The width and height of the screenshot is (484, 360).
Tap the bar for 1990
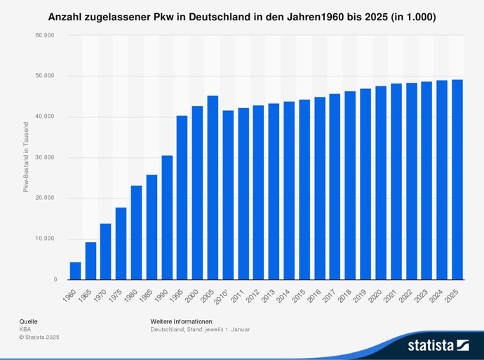tap(167, 218)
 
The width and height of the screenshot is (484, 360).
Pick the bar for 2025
tap(457, 180)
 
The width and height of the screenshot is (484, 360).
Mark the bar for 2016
tap(320, 188)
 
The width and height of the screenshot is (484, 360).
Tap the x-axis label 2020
tap(379, 291)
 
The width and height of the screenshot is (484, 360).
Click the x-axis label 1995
tap(180, 291)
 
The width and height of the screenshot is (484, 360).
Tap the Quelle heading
tap(29, 321)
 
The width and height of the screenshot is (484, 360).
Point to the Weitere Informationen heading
tap(182, 321)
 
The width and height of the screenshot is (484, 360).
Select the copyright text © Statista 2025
tap(39, 338)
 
